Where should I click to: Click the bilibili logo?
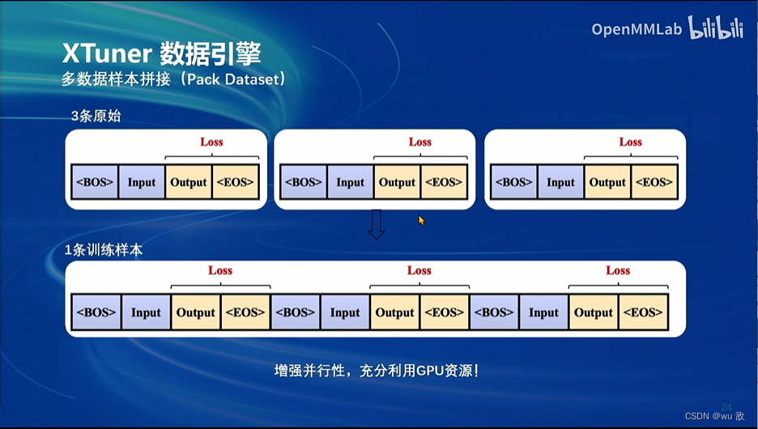715,28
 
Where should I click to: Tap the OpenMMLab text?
637,29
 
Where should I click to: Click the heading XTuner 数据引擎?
162,53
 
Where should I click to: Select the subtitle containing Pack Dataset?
174,80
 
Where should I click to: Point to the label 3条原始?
96,116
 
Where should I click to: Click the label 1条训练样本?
104,250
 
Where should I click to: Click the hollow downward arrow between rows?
376,224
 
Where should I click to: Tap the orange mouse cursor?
421,220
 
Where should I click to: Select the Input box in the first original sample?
142,182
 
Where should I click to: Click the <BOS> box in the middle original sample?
303,182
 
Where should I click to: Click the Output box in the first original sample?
189,182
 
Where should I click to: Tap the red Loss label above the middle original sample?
419,142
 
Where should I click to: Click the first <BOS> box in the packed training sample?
96,312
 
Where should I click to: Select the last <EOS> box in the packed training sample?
643,312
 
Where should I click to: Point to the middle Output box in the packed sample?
394,312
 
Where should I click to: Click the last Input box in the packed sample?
543,312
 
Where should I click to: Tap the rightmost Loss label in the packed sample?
618,270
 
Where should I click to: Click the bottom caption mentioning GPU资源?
377,372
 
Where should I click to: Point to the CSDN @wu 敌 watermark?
714,416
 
